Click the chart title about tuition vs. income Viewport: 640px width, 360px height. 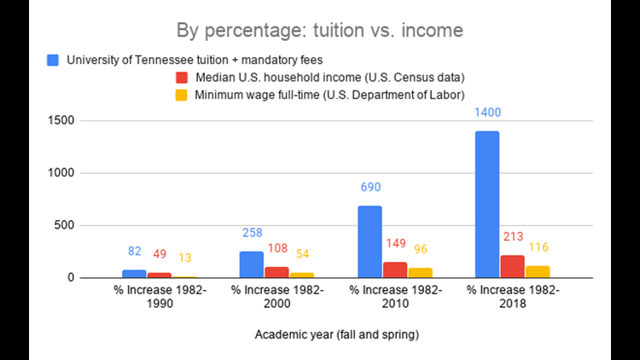coord(319,32)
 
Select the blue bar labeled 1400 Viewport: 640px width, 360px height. coord(487,204)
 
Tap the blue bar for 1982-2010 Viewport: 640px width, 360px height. coord(369,241)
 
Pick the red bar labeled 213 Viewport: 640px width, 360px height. coord(512,266)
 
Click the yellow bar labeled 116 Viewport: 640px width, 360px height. coord(536,271)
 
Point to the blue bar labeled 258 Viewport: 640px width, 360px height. coord(252,264)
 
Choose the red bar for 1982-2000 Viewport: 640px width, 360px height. coord(276,272)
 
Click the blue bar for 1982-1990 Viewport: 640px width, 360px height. coord(134,274)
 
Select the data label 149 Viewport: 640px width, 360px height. coord(394,243)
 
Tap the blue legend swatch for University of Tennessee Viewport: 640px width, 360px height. coord(54,60)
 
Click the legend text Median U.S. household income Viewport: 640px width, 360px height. coord(327,77)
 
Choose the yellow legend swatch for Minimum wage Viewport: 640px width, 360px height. coord(180,93)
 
